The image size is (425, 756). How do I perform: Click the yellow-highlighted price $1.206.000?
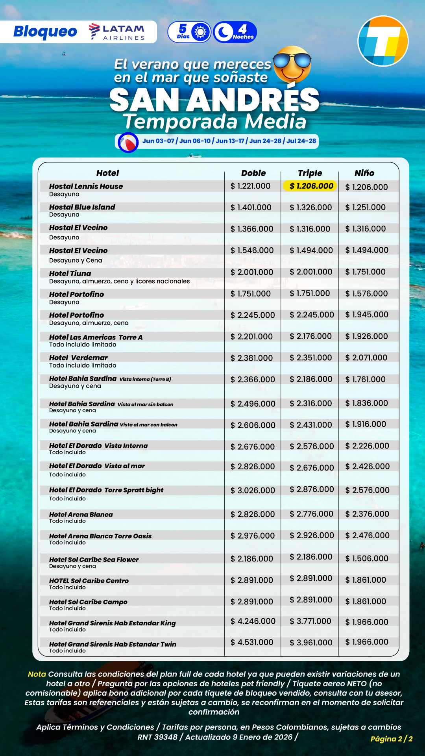pyautogui.click(x=310, y=186)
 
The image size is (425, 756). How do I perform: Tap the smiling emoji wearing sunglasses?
pyautogui.click(x=292, y=64)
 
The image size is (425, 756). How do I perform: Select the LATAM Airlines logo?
pyautogui.click(x=117, y=32)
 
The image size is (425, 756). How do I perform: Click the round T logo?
pyautogui.click(x=383, y=41)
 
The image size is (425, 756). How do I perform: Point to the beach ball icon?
pyautogui.click(x=128, y=143)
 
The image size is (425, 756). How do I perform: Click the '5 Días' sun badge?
pyautogui.click(x=190, y=32)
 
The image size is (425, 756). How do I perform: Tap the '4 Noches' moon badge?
pyautogui.click(x=235, y=32)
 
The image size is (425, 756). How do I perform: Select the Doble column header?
pyautogui.click(x=253, y=173)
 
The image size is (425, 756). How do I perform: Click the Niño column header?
pyautogui.click(x=364, y=173)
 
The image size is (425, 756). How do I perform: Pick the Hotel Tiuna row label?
pyautogui.click(x=70, y=273)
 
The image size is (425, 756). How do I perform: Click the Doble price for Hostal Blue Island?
pyautogui.click(x=251, y=208)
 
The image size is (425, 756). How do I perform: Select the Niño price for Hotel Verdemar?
pyautogui.click(x=366, y=358)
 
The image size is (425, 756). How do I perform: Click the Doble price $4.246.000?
pyautogui.click(x=253, y=621)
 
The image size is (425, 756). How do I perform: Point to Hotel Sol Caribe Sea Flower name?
pyautogui.click(x=94, y=560)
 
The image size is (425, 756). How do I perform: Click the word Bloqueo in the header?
pyautogui.click(x=45, y=31)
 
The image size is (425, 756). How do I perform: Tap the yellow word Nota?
pyautogui.click(x=37, y=674)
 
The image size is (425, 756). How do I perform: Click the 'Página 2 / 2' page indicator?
pyautogui.click(x=392, y=739)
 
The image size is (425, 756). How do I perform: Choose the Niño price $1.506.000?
pyautogui.click(x=367, y=558)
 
